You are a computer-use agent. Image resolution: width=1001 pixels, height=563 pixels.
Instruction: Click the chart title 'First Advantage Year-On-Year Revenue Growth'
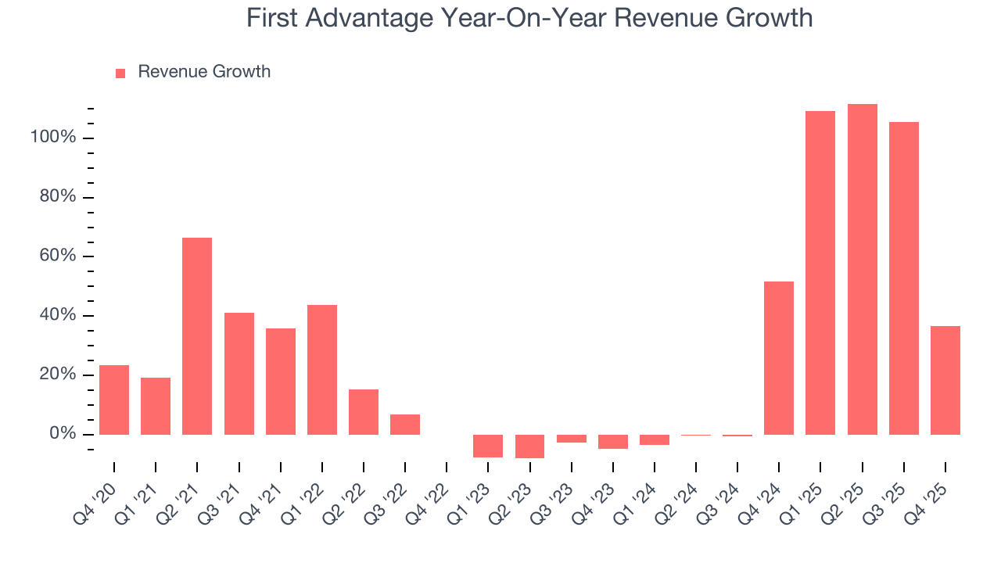pos(529,18)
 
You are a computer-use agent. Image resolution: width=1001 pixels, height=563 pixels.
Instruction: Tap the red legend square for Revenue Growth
pos(120,73)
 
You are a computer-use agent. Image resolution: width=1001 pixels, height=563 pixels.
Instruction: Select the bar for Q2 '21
pos(197,336)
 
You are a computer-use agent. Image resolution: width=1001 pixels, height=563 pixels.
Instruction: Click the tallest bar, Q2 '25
pos(862,270)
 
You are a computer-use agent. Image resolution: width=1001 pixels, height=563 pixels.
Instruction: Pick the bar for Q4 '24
pos(779,358)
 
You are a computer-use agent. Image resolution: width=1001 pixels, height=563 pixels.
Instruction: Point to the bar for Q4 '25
pos(945,380)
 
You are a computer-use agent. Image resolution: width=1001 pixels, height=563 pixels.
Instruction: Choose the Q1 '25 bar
pos(820,273)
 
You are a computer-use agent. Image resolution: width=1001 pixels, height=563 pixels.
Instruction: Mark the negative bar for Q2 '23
pos(529,446)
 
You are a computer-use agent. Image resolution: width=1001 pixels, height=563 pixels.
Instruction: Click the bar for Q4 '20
pos(114,400)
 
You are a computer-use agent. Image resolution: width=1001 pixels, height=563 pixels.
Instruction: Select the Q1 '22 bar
pos(322,370)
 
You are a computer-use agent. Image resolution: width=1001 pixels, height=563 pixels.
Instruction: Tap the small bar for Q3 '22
pos(405,425)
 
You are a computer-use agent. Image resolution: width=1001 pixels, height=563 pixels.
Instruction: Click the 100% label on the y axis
pos(53,138)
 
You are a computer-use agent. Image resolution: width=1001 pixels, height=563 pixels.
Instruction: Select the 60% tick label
pos(57,256)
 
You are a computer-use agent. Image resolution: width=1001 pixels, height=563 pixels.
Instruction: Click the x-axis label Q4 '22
pos(428,500)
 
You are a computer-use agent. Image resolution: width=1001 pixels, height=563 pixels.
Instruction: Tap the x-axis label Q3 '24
pos(719,500)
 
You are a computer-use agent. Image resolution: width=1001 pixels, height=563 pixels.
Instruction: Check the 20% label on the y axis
pos(57,375)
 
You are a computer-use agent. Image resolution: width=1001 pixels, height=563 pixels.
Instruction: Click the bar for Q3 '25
pos(903,278)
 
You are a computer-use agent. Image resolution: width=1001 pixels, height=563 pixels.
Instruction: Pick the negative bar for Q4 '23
pos(613,442)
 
